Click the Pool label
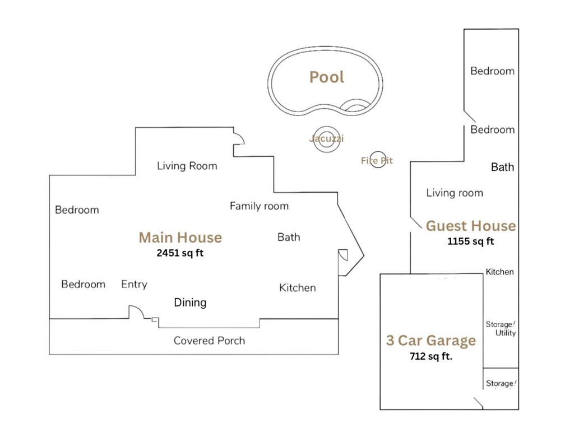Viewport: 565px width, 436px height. point(327,77)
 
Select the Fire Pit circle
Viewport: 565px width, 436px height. point(378,160)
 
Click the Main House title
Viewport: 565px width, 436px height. point(180,238)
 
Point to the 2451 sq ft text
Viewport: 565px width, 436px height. point(180,253)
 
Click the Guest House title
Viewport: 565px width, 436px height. point(471,226)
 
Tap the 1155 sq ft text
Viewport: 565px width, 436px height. point(470,242)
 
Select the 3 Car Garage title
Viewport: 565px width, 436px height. point(431,340)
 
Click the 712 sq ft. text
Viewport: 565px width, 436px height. point(431,355)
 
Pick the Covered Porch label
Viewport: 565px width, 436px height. point(209,340)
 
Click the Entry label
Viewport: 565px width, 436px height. point(134,284)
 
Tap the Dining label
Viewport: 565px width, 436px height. point(190,303)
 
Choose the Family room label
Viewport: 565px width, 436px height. point(259,206)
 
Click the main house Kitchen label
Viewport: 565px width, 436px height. point(297,287)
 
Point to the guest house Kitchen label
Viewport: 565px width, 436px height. point(499,272)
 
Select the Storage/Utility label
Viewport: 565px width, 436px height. point(501,329)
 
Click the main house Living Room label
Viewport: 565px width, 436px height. point(187,166)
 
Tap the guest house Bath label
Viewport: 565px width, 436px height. point(502,167)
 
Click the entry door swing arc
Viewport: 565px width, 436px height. point(136,311)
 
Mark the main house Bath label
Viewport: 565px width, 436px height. point(289,237)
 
